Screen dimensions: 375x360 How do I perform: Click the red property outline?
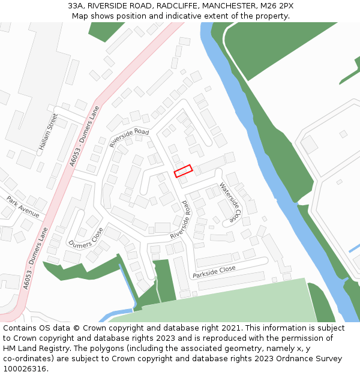point(183,171)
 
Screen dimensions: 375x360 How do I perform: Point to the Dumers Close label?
point(86,238)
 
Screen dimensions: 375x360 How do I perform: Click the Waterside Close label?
point(230,202)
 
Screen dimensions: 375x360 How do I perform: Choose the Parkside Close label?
point(214,272)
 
